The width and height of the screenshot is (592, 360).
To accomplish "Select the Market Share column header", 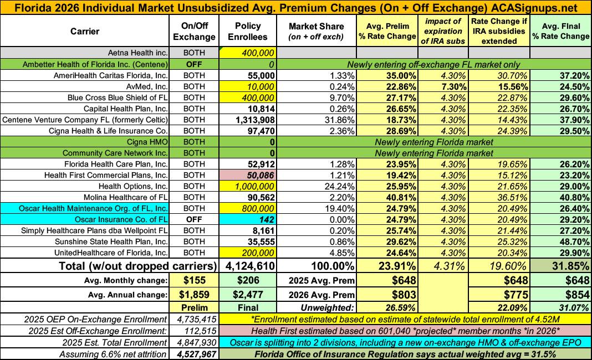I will click(317, 32).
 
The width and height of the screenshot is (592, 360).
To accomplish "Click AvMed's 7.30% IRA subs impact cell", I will click(445, 87).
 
